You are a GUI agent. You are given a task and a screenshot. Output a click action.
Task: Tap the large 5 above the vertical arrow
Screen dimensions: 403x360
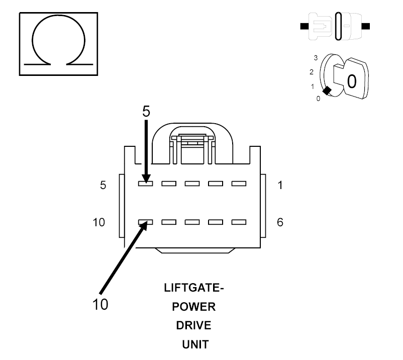[x=146, y=111]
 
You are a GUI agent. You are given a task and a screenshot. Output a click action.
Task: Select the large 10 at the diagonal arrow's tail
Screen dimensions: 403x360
[x=100, y=305]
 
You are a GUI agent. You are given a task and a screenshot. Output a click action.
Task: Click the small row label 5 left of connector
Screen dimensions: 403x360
[x=103, y=185]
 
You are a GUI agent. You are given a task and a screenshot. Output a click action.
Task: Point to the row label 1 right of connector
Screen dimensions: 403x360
[x=280, y=185]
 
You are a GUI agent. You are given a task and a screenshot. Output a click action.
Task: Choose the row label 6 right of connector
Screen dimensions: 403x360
[x=280, y=222]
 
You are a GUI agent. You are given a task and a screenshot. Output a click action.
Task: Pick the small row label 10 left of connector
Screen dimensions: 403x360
[x=99, y=222]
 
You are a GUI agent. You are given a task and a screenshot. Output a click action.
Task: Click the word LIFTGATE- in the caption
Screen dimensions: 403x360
[x=194, y=288]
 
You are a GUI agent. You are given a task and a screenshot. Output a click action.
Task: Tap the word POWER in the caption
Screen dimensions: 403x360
[x=194, y=307]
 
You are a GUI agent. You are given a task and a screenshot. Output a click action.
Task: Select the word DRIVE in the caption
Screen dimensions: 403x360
[x=194, y=325]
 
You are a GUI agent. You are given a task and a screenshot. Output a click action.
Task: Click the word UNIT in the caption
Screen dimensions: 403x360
[x=195, y=344]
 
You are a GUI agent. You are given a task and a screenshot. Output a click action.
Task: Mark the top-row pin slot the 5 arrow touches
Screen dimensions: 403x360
[x=145, y=184]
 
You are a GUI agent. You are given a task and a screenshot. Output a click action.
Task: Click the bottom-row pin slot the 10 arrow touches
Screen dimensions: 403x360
[x=145, y=222]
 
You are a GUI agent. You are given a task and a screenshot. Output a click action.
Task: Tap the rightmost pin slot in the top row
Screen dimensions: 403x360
[x=239, y=184]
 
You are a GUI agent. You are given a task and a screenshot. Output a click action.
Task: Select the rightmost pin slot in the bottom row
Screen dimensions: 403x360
[x=239, y=222]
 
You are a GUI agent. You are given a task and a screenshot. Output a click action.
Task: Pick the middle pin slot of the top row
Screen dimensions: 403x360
[x=192, y=184]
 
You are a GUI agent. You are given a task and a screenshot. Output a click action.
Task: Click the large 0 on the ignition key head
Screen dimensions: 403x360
[x=352, y=81]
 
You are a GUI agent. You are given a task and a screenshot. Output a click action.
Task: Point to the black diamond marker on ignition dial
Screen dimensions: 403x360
[x=327, y=91]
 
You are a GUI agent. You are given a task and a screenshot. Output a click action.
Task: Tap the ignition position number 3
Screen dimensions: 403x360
[x=316, y=58]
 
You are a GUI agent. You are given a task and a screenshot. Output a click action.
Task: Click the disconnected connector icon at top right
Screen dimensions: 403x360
[x=335, y=26]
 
